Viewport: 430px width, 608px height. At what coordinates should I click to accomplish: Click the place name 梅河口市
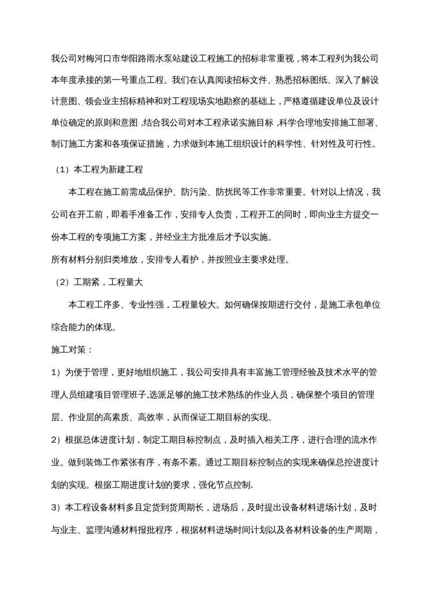pos(101,58)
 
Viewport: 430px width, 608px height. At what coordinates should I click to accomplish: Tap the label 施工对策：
pos(68,349)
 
